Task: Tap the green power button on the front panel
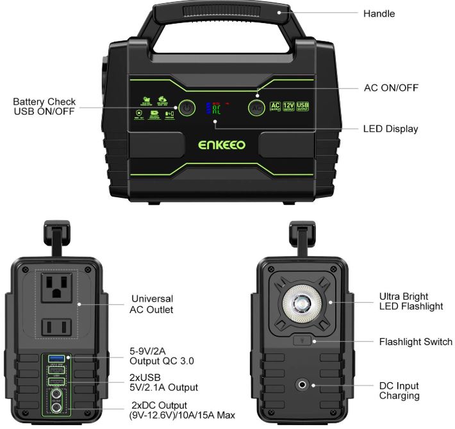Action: pos(186,108)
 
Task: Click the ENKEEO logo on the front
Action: pos(222,145)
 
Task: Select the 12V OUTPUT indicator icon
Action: pos(289,107)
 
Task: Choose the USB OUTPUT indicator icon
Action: pos(303,107)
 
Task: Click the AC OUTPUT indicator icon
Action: pos(275,107)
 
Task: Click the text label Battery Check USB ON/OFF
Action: pos(44,106)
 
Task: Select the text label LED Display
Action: pos(390,129)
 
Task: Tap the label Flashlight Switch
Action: pos(415,342)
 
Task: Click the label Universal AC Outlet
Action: pos(152,304)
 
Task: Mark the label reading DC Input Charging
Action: pos(399,391)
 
